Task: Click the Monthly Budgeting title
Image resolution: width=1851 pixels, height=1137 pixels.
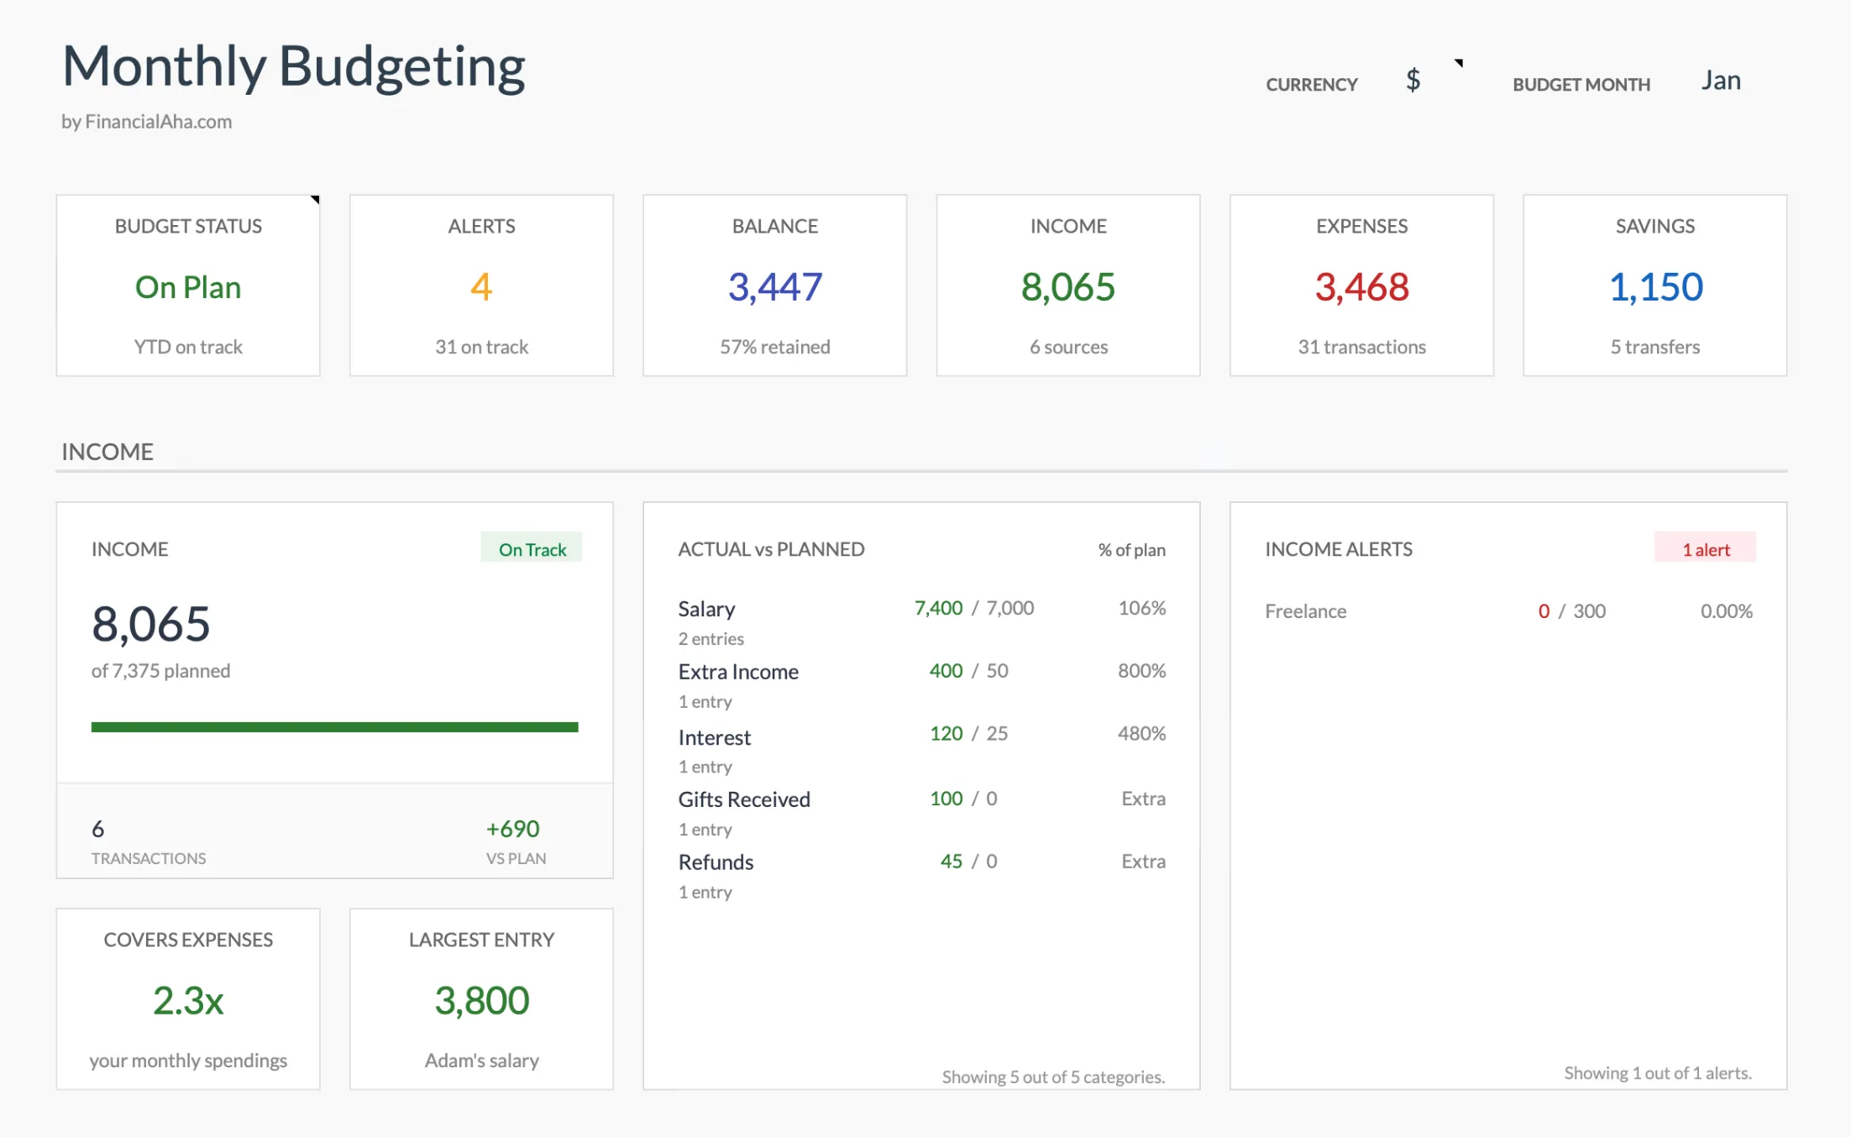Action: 293,66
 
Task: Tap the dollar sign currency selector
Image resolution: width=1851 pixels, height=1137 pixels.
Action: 1413,81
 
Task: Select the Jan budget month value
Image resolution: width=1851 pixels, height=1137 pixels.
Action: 1720,81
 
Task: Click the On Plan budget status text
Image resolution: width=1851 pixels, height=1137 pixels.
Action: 188,287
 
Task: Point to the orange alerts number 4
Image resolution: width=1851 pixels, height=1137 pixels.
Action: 481,287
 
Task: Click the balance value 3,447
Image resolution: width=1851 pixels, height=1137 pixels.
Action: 774,287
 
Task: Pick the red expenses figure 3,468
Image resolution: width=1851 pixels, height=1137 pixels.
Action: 1361,287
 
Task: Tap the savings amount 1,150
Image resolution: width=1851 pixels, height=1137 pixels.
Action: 1654,287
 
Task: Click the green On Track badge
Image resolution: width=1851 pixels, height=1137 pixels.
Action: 532,549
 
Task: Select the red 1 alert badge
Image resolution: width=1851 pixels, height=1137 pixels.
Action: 1705,549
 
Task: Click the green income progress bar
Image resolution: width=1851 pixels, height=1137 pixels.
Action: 334,727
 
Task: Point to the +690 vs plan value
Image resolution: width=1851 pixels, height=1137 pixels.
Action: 512,829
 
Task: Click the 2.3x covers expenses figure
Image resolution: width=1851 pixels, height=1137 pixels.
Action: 188,1000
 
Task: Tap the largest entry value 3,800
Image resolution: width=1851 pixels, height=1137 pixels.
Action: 481,1000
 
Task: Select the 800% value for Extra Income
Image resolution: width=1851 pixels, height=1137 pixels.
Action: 1140,671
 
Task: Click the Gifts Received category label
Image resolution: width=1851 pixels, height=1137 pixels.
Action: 743,799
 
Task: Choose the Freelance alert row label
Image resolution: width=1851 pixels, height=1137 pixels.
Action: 1305,611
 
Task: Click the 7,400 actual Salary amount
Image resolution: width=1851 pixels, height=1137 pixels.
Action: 938,608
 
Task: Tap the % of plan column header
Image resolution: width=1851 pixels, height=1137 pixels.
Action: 1131,550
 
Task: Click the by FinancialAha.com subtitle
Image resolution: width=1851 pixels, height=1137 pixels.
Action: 146,122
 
